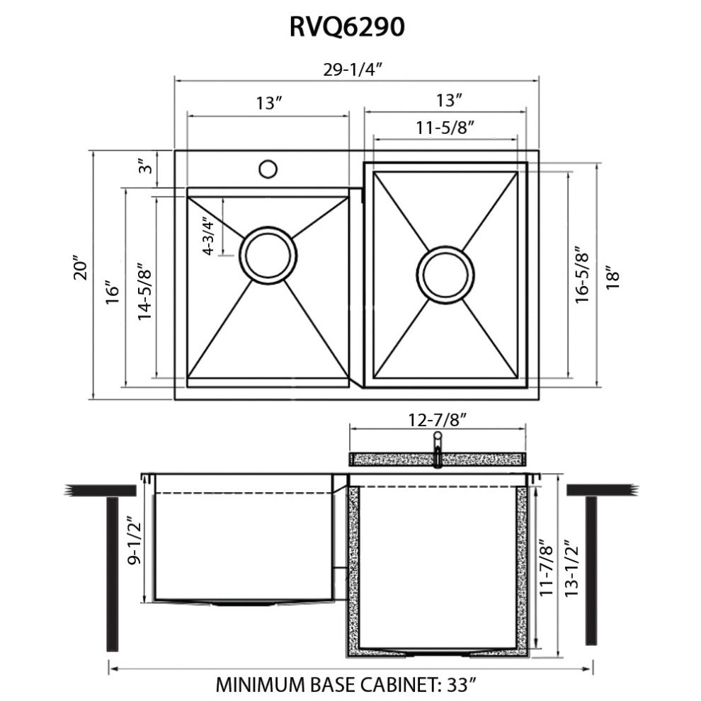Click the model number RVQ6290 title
click(x=347, y=27)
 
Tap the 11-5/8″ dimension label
click(x=445, y=127)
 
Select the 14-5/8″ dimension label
click(x=144, y=287)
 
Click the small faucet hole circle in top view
click(x=268, y=169)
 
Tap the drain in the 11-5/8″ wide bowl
click(x=445, y=274)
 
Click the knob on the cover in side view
click(x=438, y=438)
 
